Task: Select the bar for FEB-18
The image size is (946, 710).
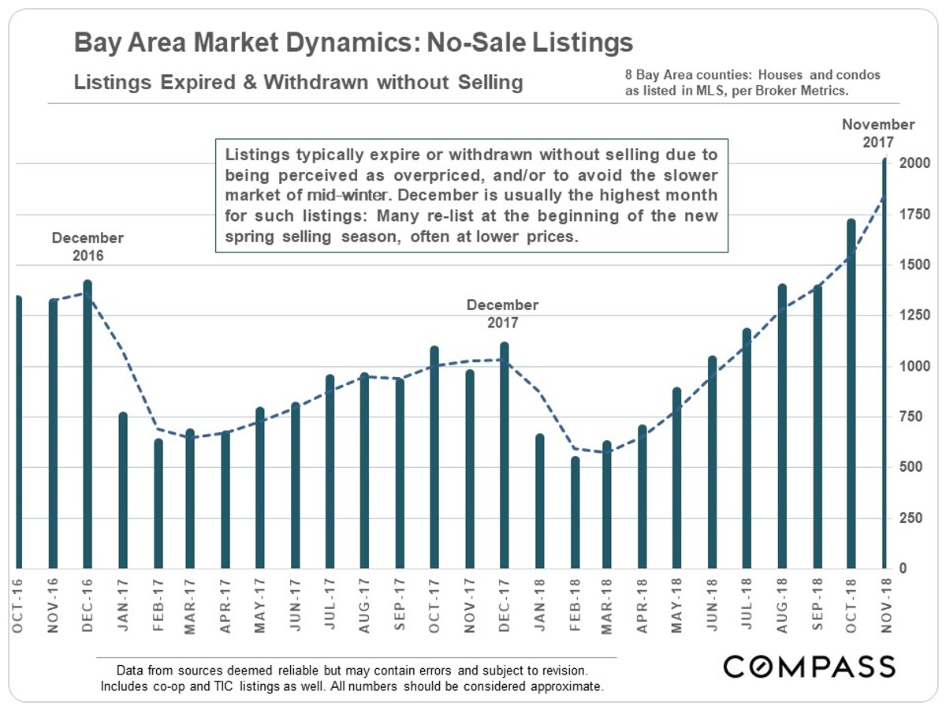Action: [575, 513]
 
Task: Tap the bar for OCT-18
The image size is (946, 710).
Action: [851, 394]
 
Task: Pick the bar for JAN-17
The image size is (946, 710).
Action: [122, 490]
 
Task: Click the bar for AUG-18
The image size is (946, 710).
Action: [782, 426]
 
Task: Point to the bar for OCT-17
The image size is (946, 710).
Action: [434, 458]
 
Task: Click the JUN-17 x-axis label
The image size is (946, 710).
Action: [295, 605]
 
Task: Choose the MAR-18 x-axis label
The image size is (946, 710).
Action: [608, 605]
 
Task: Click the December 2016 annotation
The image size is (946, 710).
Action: [88, 246]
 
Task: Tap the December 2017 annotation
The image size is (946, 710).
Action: [502, 313]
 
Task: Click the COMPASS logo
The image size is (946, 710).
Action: [810, 667]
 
